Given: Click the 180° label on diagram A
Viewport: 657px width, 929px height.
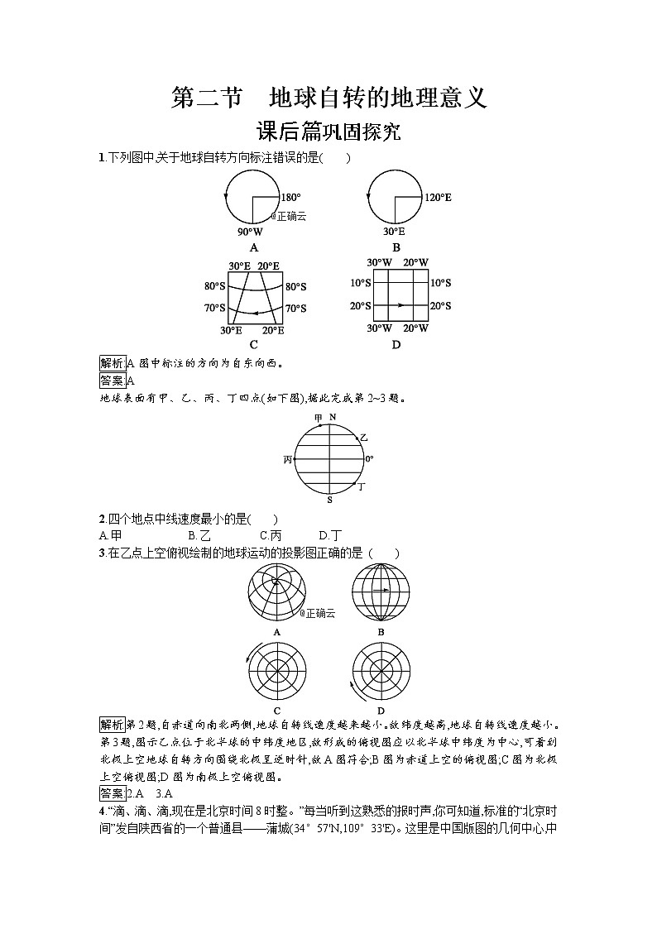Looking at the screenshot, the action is click(290, 198).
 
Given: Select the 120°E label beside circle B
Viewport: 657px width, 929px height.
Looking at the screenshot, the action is click(438, 198).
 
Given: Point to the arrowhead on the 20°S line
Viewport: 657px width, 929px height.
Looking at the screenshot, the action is click(401, 305).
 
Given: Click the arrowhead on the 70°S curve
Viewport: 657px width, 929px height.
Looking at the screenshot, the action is click(254, 313).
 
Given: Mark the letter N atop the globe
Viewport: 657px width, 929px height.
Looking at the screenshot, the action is click(332, 417).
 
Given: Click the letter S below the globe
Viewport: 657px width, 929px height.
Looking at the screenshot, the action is click(329, 500).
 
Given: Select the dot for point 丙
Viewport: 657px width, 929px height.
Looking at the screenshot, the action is click(295, 458).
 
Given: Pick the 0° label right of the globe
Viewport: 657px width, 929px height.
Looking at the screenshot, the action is click(369, 458).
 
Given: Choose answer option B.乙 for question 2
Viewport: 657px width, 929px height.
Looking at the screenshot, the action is click(199, 535).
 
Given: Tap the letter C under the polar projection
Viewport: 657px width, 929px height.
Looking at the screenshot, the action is click(276, 711).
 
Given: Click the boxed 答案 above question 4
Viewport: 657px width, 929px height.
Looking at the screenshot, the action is click(110, 793).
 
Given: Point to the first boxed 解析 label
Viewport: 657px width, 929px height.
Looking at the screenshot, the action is click(111, 363).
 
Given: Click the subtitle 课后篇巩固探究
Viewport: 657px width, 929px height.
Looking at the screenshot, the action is click(328, 132).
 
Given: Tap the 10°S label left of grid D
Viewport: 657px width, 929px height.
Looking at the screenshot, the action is click(359, 283).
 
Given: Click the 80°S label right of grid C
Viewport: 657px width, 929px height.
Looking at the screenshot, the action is click(295, 286).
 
